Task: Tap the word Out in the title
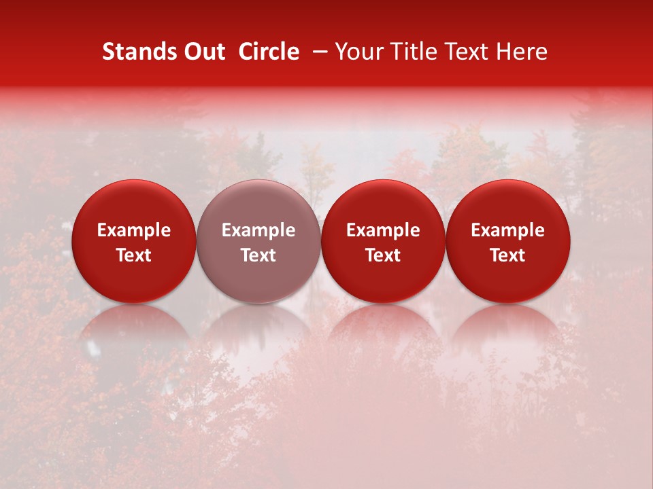click(203, 52)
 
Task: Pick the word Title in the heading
click(415, 52)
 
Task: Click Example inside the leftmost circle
click(134, 230)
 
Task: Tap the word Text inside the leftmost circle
click(134, 255)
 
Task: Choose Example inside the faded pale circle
click(258, 230)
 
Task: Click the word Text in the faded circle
click(258, 255)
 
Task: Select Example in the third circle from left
click(383, 230)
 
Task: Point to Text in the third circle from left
click(383, 255)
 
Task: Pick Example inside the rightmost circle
click(508, 230)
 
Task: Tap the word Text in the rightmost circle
click(508, 255)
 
